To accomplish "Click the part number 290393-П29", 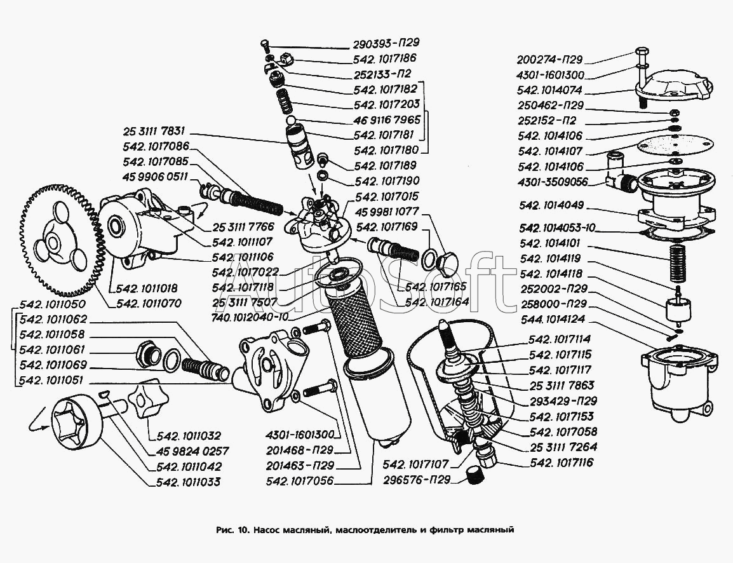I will click(387, 44).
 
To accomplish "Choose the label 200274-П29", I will click(549, 60).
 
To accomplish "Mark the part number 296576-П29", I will click(416, 480).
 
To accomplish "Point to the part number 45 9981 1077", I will click(389, 212).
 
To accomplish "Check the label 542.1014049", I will click(551, 206).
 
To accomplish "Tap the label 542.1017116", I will click(562, 463).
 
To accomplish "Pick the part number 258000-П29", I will click(552, 304).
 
